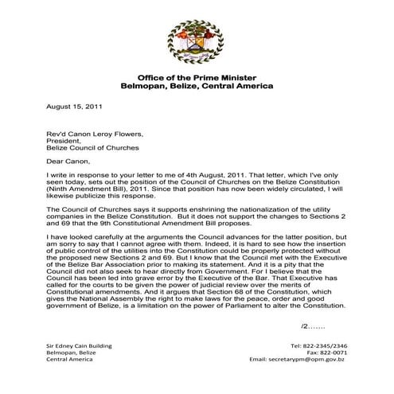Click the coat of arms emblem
pyautogui.click(x=195, y=43)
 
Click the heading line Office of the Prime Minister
pyautogui.click(x=196, y=76)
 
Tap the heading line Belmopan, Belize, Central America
pyautogui.click(x=196, y=84)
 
